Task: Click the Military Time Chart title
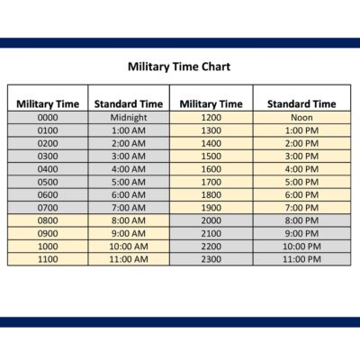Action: click(179, 67)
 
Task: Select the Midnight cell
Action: click(129, 117)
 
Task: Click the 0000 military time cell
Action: click(48, 117)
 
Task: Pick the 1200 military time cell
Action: click(211, 117)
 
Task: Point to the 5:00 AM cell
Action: click(129, 182)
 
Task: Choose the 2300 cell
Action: click(211, 259)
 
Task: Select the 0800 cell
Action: click(48, 220)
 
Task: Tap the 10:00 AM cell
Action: click(129, 246)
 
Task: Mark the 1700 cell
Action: click(211, 182)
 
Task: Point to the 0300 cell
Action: click(48, 156)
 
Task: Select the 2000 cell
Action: click(211, 220)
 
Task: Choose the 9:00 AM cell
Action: click(129, 233)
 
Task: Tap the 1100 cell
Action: click(48, 259)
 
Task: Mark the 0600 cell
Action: click(48, 194)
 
